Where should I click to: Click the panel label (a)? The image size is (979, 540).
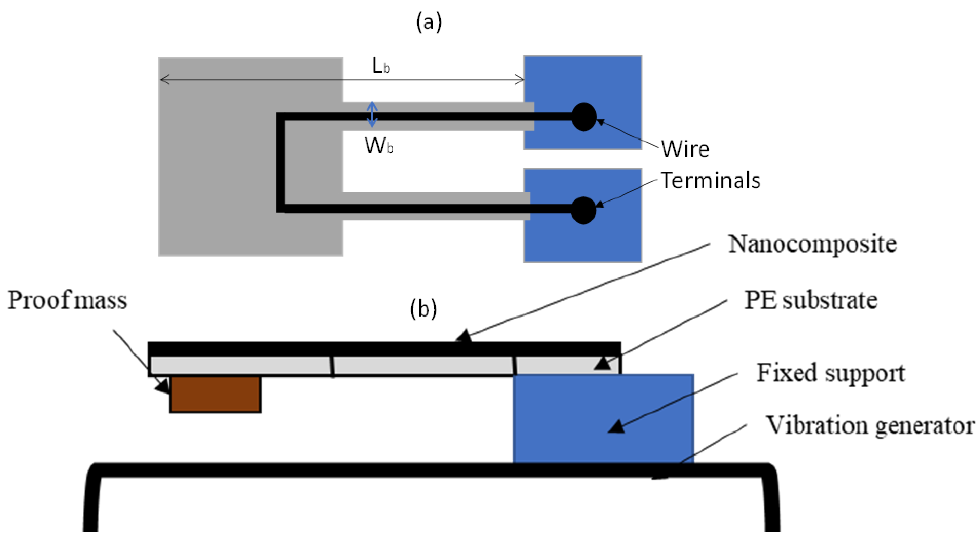coord(429,22)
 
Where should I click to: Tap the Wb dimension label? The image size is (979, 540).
coord(379,145)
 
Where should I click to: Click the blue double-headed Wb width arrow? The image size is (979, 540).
coord(372,114)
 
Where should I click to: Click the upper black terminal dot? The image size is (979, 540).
coord(584,117)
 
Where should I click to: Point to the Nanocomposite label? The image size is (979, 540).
coord(812,244)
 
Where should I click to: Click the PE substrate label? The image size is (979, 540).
coord(811,300)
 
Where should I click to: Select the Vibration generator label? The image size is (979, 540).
coord(869,425)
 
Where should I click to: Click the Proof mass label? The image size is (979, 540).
coord(67,300)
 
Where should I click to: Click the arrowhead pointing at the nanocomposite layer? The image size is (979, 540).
coord(464,336)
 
